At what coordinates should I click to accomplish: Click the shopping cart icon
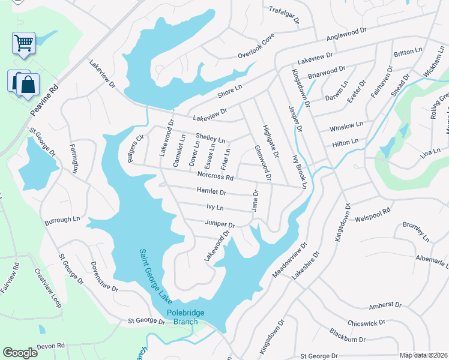tap(23, 43)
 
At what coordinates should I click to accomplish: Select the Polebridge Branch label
tap(182, 317)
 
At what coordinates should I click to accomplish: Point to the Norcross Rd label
tap(215, 176)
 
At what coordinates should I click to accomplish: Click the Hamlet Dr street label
tap(211, 192)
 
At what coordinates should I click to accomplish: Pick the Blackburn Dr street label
tap(347, 335)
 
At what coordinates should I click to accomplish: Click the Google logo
tap(20, 353)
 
